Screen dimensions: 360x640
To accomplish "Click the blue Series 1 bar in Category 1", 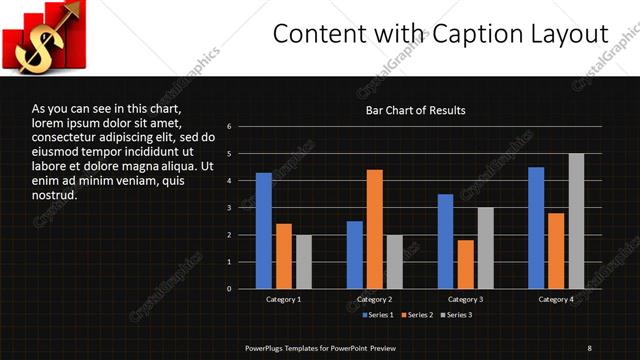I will tap(263, 231).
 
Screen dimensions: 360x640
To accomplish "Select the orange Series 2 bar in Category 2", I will tap(374, 229).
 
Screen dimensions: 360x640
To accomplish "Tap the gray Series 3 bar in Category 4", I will tap(576, 221).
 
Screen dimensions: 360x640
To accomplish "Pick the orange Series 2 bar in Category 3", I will tap(465, 264).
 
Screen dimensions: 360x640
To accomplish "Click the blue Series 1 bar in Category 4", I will tap(536, 228).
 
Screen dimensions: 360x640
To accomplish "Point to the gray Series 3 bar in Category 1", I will tap(303, 262).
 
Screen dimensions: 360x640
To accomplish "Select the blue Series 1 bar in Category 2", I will tap(354, 255).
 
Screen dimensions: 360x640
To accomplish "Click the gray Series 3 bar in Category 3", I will tap(485, 248).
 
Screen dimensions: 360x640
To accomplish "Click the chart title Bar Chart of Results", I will tap(414, 110).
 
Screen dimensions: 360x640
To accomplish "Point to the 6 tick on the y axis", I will tap(229, 127).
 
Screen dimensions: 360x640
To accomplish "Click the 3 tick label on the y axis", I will tap(229, 208).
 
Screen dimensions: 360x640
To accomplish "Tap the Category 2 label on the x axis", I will tap(375, 299).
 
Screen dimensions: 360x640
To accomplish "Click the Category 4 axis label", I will tap(556, 299).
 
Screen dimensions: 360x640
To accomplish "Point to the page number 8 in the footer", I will tap(590, 347).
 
